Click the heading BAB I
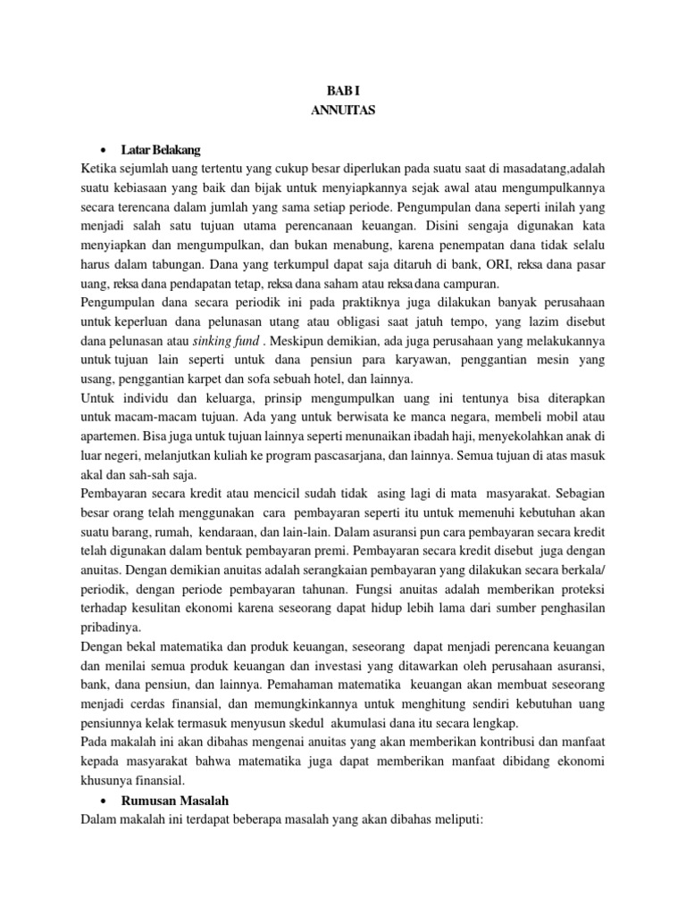pyautogui.click(x=343, y=90)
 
